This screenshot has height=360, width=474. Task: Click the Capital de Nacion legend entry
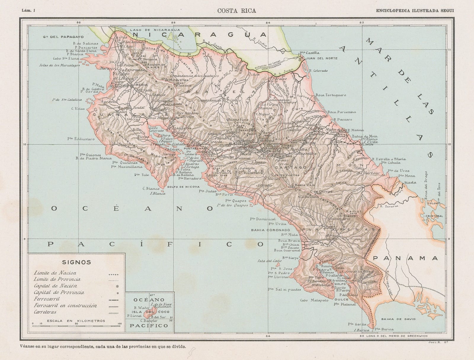pos(55,286)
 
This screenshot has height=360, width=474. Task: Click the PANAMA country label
pos(405,258)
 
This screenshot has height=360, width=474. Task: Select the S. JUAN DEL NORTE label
pos(319,58)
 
